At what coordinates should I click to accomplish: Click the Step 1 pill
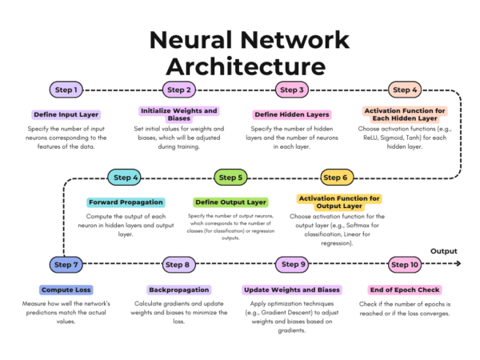[x=66, y=90]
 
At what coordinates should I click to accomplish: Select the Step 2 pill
[x=179, y=90]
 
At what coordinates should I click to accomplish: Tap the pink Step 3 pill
[x=292, y=90]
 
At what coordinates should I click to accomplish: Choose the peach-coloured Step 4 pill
[x=405, y=90]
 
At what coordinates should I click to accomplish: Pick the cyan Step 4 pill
[x=124, y=178]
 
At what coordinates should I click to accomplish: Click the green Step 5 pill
[x=230, y=178]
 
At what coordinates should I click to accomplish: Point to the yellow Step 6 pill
[x=337, y=178]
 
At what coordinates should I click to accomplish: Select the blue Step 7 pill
[x=66, y=265]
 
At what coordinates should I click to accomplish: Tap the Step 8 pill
[x=178, y=265]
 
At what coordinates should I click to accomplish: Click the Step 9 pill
[x=292, y=265]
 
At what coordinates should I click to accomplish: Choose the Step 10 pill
[x=405, y=265]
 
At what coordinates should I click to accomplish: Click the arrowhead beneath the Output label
[x=458, y=263]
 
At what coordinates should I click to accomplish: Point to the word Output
[x=443, y=251]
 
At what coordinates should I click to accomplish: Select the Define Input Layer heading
[x=66, y=114]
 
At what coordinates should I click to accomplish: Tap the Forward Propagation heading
[x=126, y=202]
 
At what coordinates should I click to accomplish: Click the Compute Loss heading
[x=66, y=290]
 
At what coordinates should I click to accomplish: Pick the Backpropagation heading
[x=179, y=290]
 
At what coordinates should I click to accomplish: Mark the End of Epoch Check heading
[x=405, y=290]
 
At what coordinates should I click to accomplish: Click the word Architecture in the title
[x=246, y=67]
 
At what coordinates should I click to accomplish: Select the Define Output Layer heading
[x=231, y=202]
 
